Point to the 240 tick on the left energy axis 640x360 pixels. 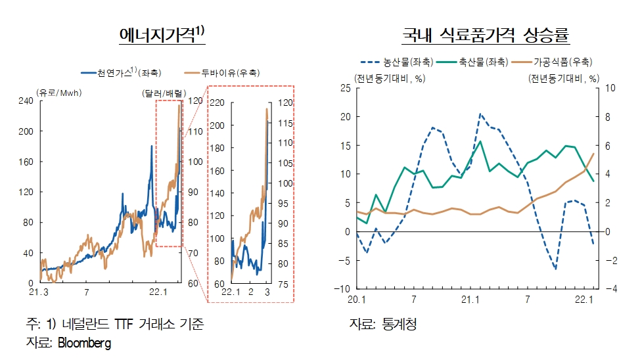[25, 101]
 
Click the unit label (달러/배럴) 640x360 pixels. [164, 92]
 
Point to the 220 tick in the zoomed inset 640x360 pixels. [217, 102]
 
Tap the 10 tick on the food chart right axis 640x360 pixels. [608, 88]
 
